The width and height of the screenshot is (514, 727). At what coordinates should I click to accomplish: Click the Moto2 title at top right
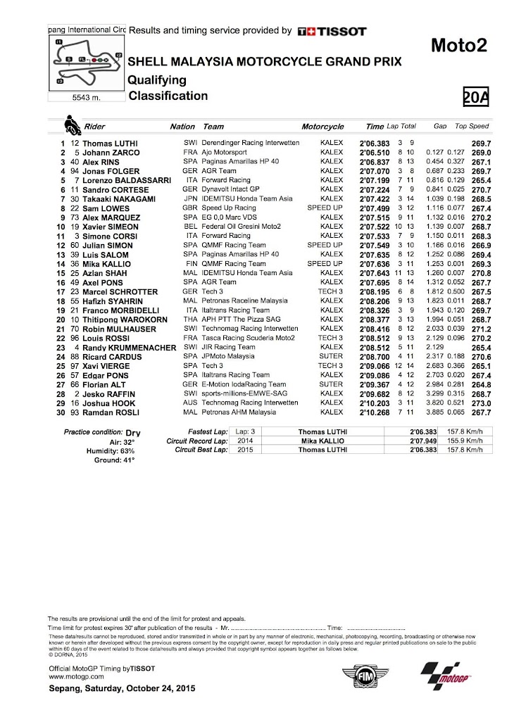pyautogui.click(x=458, y=46)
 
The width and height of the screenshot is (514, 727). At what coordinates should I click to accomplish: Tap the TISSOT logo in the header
pyautogui.click(x=332, y=31)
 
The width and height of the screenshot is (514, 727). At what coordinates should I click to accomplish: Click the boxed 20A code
pyautogui.click(x=475, y=97)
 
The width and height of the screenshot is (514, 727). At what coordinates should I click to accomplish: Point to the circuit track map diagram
pyautogui.click(x=87, y=62)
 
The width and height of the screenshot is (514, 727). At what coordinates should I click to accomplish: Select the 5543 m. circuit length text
pyautogui.click(x=86, y=98)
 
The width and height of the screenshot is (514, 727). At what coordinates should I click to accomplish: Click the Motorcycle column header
pyautogui.click(x=322, y=127)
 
